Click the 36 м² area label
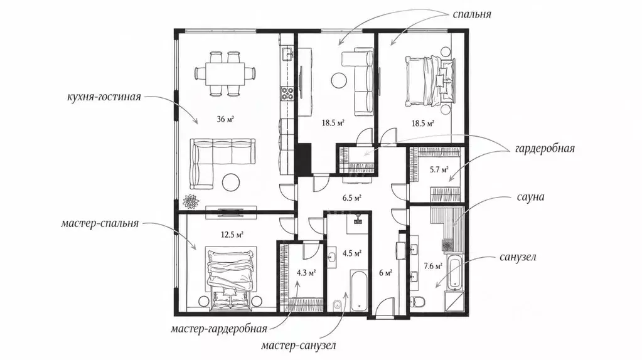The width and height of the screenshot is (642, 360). pyautogui.click(x=225, y=119)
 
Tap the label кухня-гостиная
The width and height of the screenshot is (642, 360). pyautogui.click(x=104, y=97)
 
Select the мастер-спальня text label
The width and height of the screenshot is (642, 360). pyautogui.click(x=100, y=224)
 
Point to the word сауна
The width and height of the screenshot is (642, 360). pyautogui.click(x=530, y=197)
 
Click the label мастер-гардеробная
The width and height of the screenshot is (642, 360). pyautogui.click(x=219, y=329)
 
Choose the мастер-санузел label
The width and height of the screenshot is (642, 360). pyautogui.click(x=299, y=346)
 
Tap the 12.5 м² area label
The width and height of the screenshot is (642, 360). pyautogui.click(x=232, y=235)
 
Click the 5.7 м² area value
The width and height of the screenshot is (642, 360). pyautogui.click(x=439, y=169)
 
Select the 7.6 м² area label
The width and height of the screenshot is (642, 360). pyautogui.click(x=433, y=267)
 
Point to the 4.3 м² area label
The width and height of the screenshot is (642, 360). pyautogui.click(x=306, y=273)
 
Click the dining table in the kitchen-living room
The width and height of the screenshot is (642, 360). pyautogui.click(x=225, y=73)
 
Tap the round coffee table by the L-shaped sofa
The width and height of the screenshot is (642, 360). pyautogui.click(x=232, y=182)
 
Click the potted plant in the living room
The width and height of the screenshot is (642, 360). pyautogui.click(x=191, y=202)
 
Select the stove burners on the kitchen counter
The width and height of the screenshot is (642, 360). pyautogui.click(x=286, y=93)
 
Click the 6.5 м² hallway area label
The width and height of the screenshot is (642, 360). pyautogui.click(x=352, y=198)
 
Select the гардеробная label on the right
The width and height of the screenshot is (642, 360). pyautogui.click(x=545, y=148)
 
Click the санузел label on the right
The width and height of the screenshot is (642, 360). pyautogui.click(x=518, y=257)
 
